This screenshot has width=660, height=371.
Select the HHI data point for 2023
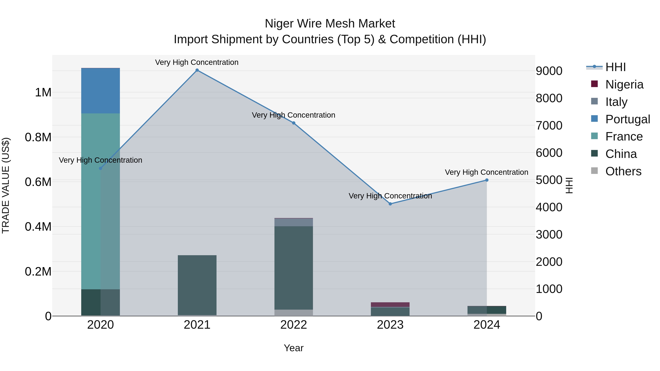click(x=390, y=204)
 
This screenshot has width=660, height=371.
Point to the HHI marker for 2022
click(x=294, y=123)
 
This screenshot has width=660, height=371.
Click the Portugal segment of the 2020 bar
click(x=100, y=91)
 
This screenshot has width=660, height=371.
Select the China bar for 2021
click(x=197, y=285)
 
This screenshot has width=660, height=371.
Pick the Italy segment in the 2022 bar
click(x=294, y=222)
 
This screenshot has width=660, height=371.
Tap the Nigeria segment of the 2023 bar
click(x=390, y=304)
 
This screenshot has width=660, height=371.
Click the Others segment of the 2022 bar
click(x=294, y=313)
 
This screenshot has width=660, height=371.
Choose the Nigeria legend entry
click(x=624, y=84)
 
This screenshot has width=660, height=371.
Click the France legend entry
click(x=624, y=136)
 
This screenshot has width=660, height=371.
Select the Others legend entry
click(x=623, y=171)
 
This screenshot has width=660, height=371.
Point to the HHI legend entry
click(x=615, y=67)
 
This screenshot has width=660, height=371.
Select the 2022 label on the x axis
click(x=294, y=325)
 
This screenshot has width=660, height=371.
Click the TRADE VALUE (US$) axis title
click(x=6, y=185)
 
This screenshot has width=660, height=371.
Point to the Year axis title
click(x=294, y=348)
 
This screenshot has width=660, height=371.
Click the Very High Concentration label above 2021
click(x=197, y=62)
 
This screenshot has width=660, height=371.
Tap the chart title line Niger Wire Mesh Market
click(x=330, y=24)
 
